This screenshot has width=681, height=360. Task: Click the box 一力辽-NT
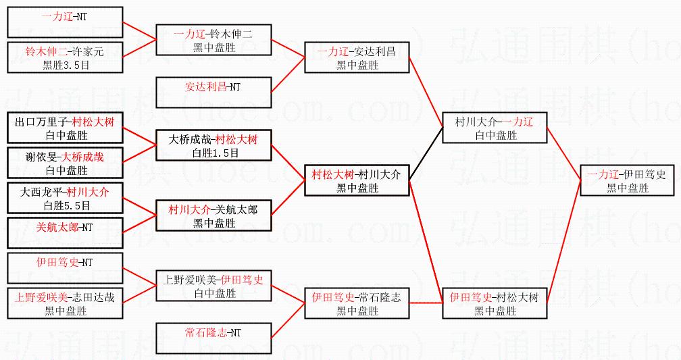point(65,22)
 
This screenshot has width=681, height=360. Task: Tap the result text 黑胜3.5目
point(66,65)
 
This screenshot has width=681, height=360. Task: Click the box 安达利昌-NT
point(213,93)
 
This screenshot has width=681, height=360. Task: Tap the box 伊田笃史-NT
point(65,269)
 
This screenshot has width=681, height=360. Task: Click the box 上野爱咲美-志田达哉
point(65,304)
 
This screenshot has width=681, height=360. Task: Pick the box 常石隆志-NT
point(213,338)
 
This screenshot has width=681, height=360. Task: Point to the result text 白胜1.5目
point(213,153)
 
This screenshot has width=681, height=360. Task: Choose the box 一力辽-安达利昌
point(357,57)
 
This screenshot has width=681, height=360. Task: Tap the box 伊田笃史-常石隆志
point(357,304)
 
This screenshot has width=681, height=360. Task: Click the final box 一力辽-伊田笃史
point(626,181)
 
